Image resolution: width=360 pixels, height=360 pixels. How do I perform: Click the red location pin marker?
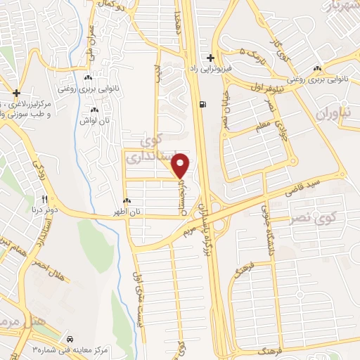182,165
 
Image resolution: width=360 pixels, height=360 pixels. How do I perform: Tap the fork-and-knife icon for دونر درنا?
44,199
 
